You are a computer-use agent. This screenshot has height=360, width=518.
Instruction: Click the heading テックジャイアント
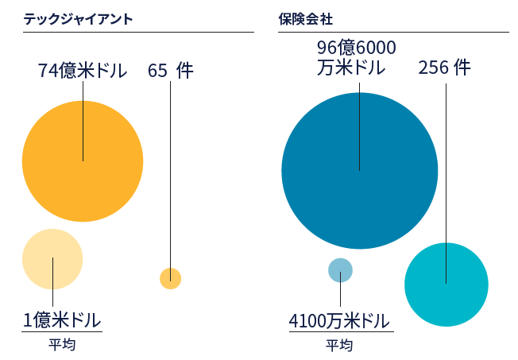click(78, 17)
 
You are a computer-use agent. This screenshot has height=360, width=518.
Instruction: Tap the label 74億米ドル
click(83, 71)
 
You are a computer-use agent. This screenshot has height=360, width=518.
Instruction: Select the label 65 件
click(170, 71)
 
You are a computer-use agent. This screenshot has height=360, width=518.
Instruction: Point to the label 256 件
click(444, 68)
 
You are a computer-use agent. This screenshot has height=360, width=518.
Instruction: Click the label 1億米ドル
click(62, 320)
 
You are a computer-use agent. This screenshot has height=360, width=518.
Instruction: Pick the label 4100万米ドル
click(339, 322)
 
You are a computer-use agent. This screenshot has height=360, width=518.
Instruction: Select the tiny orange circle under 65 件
click(171, 278)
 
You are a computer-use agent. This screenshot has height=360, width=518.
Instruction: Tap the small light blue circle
click(340, 270)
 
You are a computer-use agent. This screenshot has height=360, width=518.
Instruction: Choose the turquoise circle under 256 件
click(446, 285)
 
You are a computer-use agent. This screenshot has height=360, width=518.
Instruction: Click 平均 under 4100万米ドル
click(339, 346)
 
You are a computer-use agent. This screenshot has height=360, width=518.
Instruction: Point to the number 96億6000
click(356, 48)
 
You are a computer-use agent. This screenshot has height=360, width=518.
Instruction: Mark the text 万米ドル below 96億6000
click(350, 68)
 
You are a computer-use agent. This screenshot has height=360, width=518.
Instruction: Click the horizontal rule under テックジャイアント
click(138, 33)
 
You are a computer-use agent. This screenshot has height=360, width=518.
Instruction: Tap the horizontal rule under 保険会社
click(393, 33)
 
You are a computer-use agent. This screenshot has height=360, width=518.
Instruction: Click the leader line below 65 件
click(170, 175)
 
